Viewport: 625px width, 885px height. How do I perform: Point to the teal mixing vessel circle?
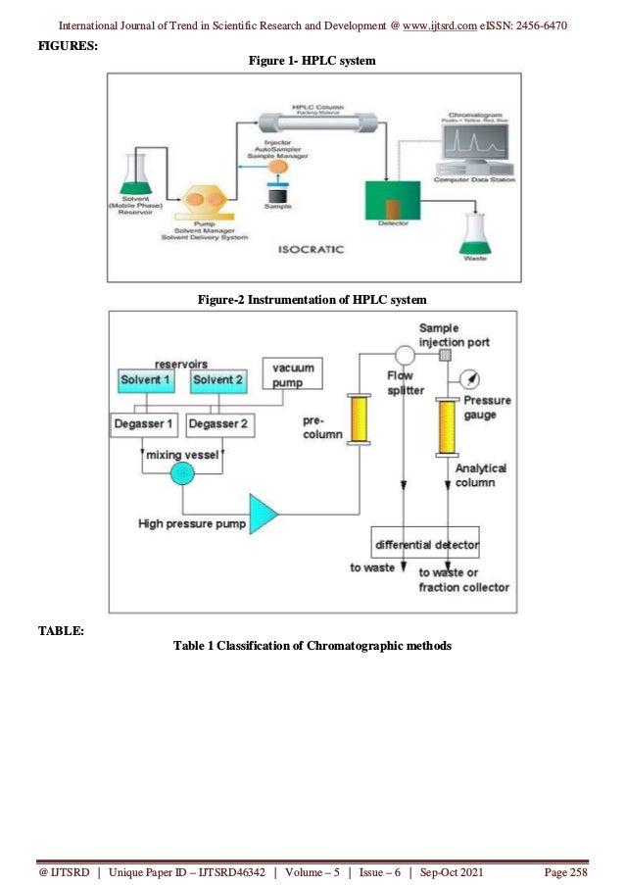pos(182,473)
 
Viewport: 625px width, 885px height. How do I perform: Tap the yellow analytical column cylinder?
pos(448,426)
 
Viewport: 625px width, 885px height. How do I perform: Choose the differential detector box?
pos(426,542)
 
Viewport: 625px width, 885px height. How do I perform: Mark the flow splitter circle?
pos(403,354)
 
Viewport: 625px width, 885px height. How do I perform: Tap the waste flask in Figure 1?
pos(475,231)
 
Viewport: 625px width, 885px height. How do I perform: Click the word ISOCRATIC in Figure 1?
pos(309,249)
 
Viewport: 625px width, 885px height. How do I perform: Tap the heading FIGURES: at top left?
pos(67,45)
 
